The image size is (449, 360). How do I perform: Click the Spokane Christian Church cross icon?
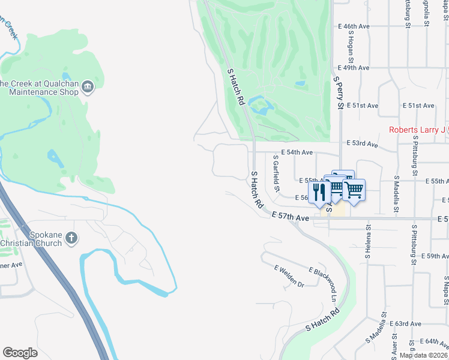(71, 238)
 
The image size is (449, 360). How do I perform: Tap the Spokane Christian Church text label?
(31, 238)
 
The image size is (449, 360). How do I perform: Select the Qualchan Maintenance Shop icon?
(88, 88)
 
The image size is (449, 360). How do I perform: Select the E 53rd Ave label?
(363, 144)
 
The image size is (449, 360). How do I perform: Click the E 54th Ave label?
(298, 153)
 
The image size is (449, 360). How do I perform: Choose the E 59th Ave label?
(433, 256)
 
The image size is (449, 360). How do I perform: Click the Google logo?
(20, 353)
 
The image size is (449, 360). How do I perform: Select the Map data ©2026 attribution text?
(423, 355)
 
